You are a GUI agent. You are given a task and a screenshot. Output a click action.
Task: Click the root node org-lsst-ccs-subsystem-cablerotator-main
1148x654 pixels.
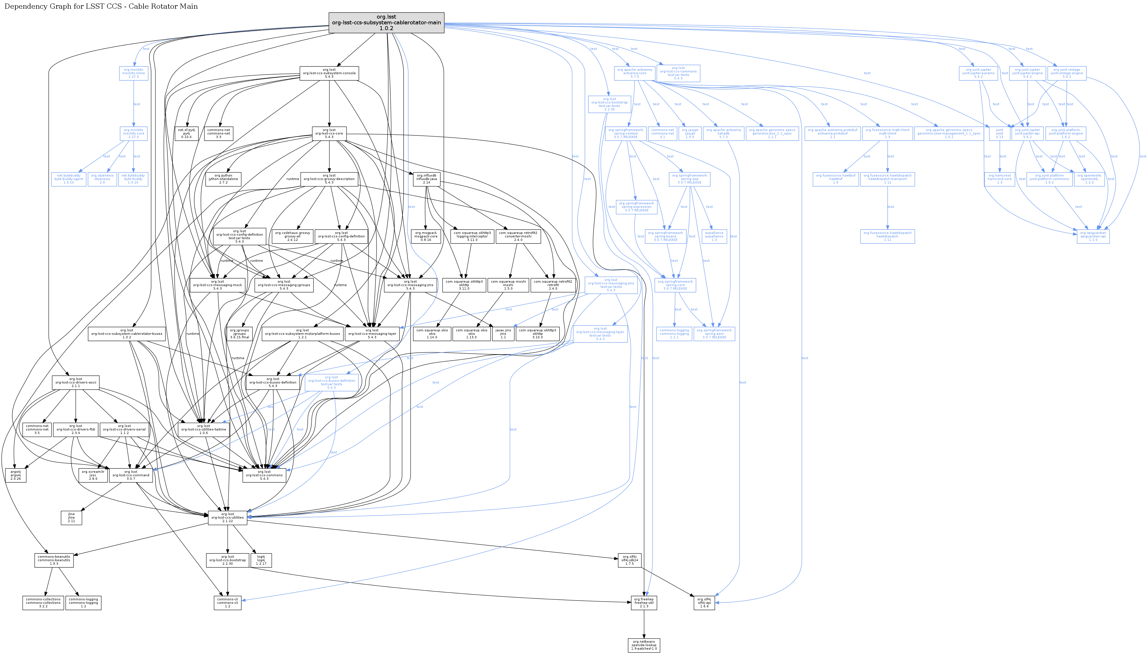tap(387, 22)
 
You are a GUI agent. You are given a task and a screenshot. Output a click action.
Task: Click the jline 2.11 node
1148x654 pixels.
tap(71, 517)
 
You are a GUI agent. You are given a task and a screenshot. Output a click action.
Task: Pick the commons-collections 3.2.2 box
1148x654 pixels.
tap(43, 603)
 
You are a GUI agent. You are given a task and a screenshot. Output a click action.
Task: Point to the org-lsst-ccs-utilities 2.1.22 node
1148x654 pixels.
tap(228, 517)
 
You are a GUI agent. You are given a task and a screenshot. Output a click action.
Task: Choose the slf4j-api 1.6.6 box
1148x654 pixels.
tap(704, 603)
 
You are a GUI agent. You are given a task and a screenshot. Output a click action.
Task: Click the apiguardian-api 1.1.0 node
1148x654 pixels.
tap(1093, 236)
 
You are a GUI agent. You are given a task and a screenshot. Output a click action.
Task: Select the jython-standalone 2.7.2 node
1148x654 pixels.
tap(223, 179)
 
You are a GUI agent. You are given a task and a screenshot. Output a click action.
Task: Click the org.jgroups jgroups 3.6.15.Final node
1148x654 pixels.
tap(240, 334)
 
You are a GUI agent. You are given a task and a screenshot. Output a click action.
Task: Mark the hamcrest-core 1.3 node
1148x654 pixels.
tap(999, 179)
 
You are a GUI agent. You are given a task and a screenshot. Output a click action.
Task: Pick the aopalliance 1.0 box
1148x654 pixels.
tap(714, 236)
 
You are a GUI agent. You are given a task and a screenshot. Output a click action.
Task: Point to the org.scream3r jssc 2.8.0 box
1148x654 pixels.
tap(93, 475)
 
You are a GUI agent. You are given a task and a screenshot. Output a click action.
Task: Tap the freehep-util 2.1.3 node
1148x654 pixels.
tap(644, 603)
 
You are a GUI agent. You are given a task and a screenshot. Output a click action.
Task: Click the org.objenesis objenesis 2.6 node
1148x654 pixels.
tap(102, 179)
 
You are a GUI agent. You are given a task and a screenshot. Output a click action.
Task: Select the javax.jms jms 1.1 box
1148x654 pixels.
tap(503, 334)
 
